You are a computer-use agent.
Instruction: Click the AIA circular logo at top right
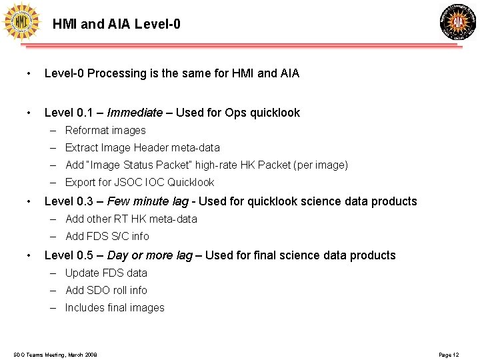[458, 22]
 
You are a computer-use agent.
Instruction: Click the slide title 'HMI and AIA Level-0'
[116, 25]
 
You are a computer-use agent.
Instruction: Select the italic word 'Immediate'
[135, 113]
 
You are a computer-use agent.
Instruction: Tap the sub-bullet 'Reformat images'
[105, 131]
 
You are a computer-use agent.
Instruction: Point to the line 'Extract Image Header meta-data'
[143, 148]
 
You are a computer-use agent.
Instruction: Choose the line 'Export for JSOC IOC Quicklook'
[140, 183]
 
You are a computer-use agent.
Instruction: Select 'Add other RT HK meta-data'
[131, 219]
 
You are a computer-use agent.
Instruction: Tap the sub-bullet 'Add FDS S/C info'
[107, 236]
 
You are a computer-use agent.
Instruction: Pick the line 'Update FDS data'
[106, 273]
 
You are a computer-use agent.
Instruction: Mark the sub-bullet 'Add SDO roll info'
[107, 290]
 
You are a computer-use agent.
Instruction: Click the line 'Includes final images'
[115, 307]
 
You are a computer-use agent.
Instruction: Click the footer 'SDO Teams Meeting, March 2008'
[55, 355]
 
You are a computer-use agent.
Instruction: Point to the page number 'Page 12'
[449, 355]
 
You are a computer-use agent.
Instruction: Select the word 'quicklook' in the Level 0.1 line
[275, 113]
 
